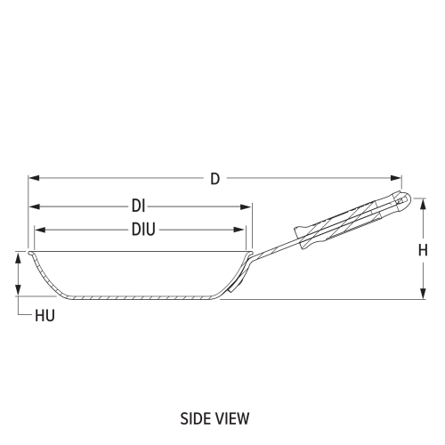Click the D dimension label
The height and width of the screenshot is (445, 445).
coord(214,179)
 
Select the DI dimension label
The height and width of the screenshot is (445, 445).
coord(138,206)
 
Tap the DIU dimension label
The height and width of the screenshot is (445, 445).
coord(143,230)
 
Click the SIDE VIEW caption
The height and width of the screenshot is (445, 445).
coord(214,417)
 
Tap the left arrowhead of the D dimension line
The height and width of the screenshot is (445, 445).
coord(32,179)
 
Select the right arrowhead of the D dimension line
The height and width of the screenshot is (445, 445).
coord(398,179)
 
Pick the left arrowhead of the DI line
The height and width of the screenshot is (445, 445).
coord(33,206)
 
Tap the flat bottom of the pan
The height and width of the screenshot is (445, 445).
coord(142,297)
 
